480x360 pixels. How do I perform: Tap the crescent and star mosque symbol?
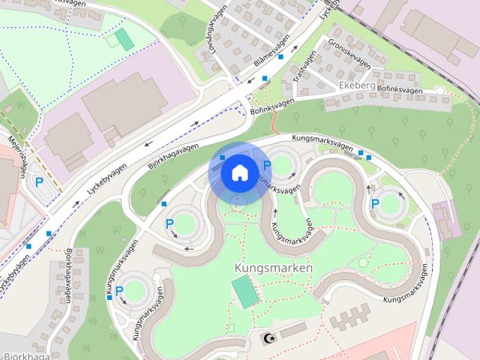pos(267,338)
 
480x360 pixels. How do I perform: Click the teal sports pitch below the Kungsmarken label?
pos(244,291)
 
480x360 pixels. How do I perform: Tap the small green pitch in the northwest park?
pos(124,39)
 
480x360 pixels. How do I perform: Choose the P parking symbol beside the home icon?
pos(266,166)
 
